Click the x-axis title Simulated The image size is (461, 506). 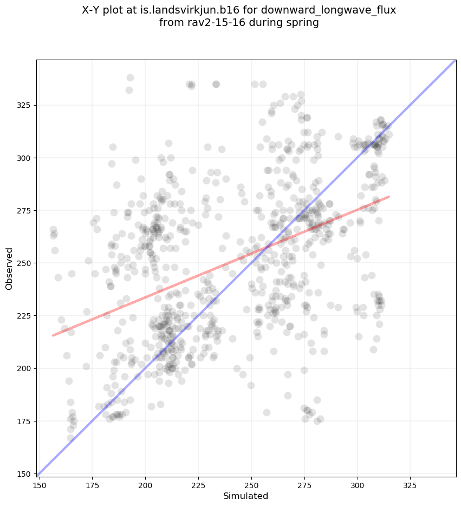[246, 496]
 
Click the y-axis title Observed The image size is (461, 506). [9, 268]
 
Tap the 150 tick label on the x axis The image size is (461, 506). [39, 484]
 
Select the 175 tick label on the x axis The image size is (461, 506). [92, 484]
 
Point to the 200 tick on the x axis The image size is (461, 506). [145, 484]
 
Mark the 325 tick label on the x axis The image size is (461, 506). [410, 484]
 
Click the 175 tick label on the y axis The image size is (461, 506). [25, 421]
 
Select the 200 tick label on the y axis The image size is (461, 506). [25, 368]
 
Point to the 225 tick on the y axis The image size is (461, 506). [25, 316]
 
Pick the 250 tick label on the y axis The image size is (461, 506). [25, 263]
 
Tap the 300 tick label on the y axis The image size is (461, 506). [25, 158]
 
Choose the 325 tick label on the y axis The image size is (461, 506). [25, 105]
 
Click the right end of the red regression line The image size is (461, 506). [389, 197]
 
